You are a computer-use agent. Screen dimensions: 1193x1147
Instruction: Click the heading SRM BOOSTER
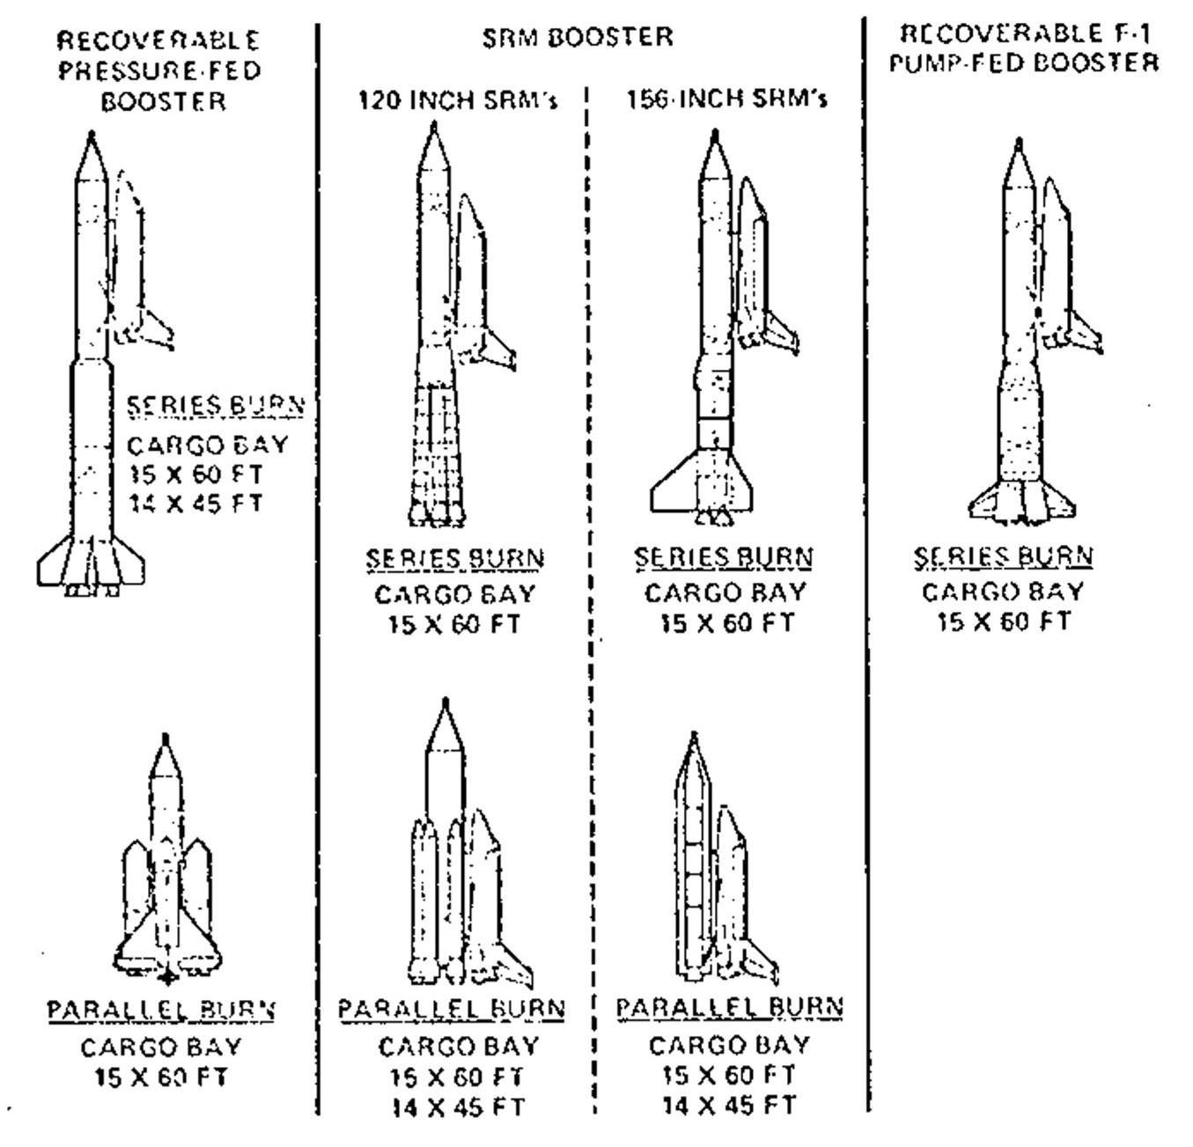click(577, 38)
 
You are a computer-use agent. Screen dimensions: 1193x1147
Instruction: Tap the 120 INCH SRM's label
click(457, 100)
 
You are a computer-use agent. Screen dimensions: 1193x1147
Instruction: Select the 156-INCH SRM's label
click(726, 99)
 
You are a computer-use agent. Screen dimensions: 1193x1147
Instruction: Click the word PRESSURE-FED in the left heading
click(160, 70)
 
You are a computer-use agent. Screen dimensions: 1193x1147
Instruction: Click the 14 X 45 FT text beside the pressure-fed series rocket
click(195, 504)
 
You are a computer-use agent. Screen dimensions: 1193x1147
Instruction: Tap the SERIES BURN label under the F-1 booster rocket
click(1003, 556)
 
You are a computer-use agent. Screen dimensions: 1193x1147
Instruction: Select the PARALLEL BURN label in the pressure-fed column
click(161, 1010)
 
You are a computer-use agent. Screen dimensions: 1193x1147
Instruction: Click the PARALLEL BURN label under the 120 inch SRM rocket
click(452, 1009)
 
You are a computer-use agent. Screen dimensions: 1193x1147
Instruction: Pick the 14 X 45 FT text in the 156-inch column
click(729, 1105)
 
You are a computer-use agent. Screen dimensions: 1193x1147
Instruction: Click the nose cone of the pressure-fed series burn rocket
click(91, 158)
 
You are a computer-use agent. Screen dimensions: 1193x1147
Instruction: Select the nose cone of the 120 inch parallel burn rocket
click(446, 726)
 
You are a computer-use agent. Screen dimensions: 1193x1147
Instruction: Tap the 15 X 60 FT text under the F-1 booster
click(1003, 622)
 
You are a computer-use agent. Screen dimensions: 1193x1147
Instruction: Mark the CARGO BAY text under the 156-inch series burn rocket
click(725, 592)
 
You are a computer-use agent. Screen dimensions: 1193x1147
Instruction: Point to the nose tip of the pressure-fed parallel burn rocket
click(165, 738)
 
